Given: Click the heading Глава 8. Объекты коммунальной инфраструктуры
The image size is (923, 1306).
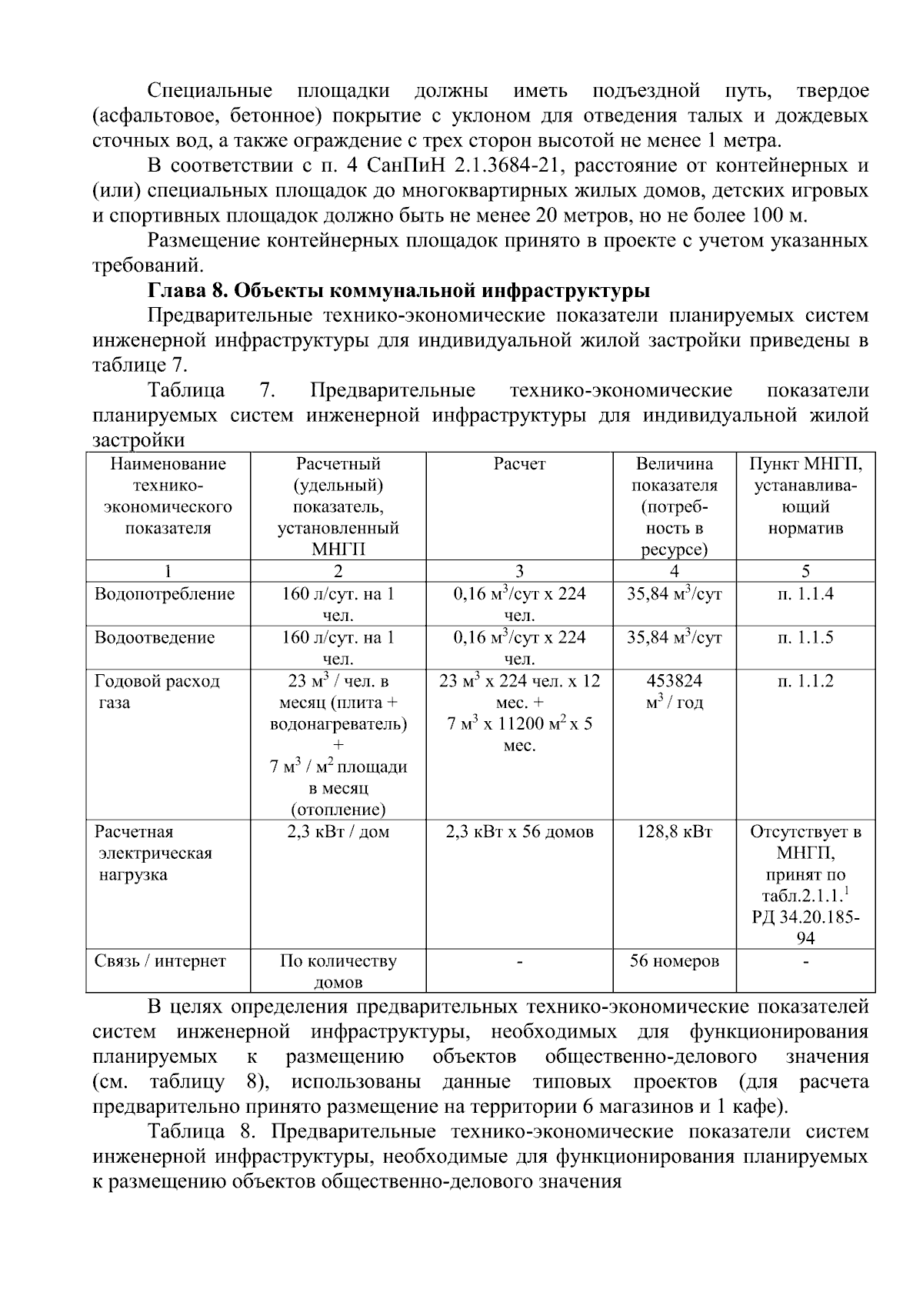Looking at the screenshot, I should (398, 291).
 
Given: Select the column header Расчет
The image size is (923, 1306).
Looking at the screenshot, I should (519, 464).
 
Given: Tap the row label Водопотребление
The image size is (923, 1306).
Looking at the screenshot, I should (165, 594).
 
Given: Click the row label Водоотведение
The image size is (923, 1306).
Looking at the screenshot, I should (155, 638).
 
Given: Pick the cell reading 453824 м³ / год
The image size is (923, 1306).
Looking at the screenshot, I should (674, 692).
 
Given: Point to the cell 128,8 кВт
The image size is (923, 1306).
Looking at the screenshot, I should (674, 832).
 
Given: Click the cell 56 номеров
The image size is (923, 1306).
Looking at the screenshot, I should (674, 961).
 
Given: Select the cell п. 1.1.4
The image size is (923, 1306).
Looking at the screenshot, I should (805, 594).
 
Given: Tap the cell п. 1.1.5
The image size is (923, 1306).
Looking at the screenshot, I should (805, 638).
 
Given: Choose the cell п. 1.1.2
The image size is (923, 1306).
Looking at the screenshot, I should (805, 681).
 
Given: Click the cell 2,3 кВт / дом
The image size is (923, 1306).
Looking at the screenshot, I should (338, 832).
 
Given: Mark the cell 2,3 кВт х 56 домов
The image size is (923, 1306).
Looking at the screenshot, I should (519, 832).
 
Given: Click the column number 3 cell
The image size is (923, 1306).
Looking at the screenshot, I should (519, 571).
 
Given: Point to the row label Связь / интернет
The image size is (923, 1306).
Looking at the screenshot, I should (160, 961).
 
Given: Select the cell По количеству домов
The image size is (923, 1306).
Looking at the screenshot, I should (338, 971).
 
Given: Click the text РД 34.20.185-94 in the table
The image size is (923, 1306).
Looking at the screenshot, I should (805, 927).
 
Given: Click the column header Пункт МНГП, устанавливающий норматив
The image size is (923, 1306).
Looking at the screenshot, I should (805, 496).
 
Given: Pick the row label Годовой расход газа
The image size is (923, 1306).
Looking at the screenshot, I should (157, 692).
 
